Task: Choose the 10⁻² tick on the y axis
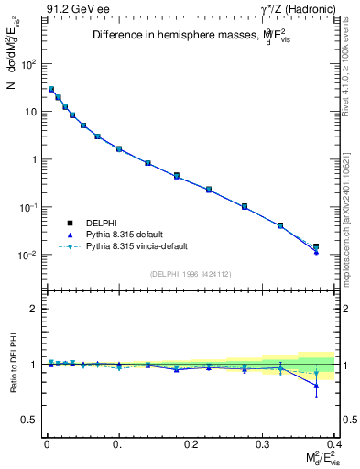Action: (27, 255)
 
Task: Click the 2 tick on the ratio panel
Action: (33, 309)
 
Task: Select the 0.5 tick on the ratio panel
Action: (29, 420)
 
